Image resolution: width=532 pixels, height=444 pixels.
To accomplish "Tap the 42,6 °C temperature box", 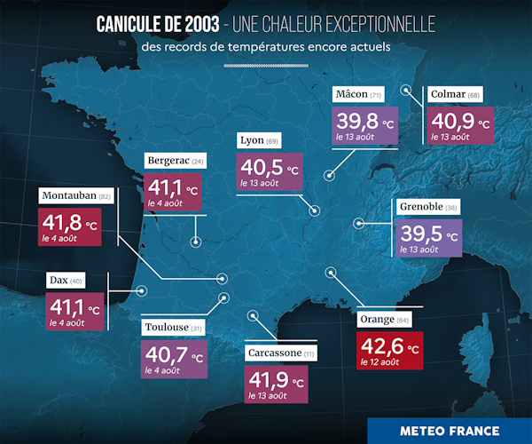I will click(x=389, y=350).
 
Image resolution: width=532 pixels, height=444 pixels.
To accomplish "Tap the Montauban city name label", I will click(x=75, y=195).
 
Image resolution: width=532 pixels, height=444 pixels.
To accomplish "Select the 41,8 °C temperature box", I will click(x=75, y=228).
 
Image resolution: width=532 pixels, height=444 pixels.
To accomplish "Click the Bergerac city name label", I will click(x=176, y=161).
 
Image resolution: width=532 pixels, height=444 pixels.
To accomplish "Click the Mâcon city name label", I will click(x=359, y=95).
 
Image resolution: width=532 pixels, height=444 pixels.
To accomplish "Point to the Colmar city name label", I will click(x=455, y=95).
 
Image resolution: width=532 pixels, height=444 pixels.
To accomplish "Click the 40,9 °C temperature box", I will click(x=461, y=125).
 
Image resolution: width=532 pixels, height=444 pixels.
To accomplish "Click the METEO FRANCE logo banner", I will click(x=450, y=430).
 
